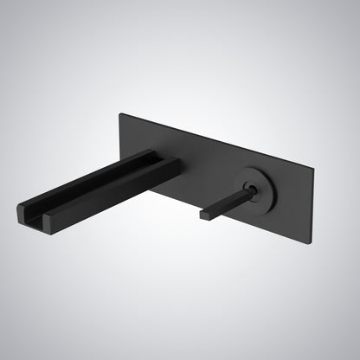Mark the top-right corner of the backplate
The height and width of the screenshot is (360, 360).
point(314,165)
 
